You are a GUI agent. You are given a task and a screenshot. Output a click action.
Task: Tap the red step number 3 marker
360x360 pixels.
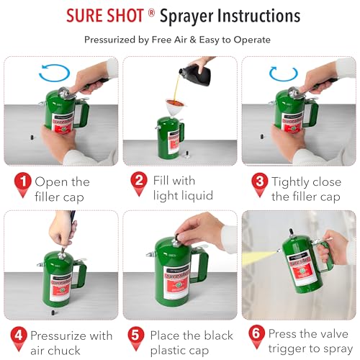pyautogui.click(x=257, y=183)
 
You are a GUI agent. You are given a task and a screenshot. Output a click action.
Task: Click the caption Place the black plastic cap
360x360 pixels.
pyautogui.click(x=191, y=343)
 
